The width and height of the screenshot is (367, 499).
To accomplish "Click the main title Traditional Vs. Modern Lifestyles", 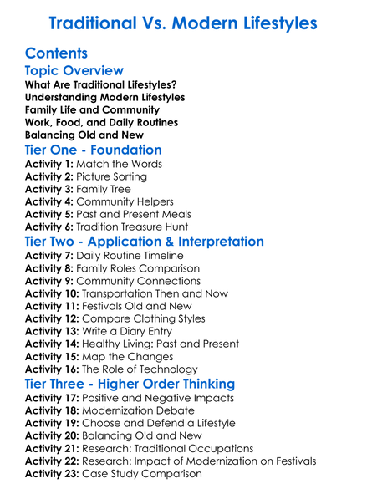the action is (183, 22).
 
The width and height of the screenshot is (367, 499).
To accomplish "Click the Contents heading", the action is (57, 53).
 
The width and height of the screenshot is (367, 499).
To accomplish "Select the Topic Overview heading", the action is (74, 71).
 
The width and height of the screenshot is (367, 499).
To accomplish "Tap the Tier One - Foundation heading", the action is (94, 150).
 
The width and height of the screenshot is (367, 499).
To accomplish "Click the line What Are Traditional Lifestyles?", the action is (100, 85).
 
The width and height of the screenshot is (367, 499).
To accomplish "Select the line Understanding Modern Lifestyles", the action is (104, 98).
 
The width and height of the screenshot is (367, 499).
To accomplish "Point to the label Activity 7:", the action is (50, 256).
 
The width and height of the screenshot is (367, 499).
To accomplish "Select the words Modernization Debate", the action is (140, 411).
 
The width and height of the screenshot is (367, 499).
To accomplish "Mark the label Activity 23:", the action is (54, 474).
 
